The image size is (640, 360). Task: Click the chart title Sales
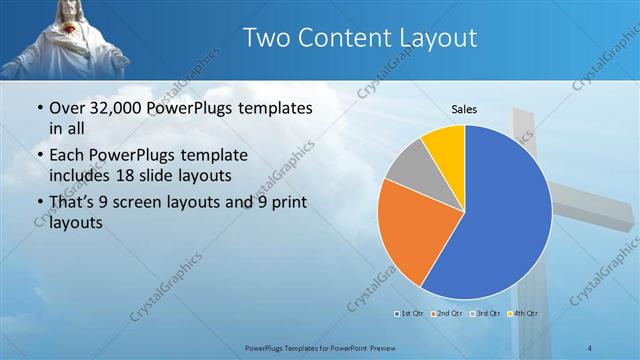point(464,108)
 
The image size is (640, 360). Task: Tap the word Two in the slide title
point(267,38)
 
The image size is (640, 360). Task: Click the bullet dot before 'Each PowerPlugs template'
point(38,157)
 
